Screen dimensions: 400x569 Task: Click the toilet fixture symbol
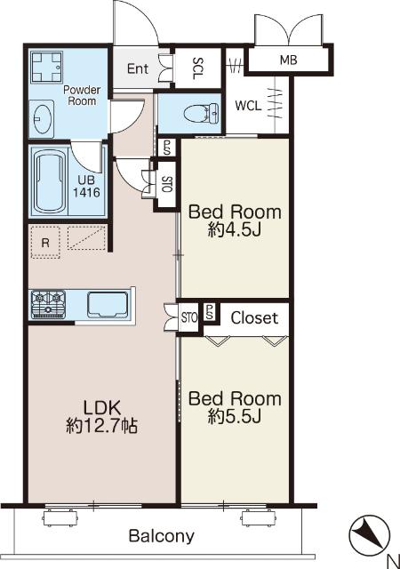pos(201,113)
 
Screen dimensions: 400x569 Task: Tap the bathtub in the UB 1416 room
pos(50,181)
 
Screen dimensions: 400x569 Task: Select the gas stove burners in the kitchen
pos(48,304)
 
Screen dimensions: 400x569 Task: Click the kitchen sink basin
pos(108,304)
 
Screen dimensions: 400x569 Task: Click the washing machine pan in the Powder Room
pos(47,68)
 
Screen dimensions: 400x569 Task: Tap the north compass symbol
pos(369,535)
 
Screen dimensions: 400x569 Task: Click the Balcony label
pos(162,536)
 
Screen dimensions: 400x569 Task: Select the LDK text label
pos(101,408)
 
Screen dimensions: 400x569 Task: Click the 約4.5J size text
pos(235,229)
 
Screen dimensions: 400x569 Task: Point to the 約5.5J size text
pos(235,417)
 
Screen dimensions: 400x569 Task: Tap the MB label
pos(289,60)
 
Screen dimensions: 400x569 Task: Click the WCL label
pos(248,106)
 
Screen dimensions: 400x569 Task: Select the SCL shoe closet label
pos(198,68)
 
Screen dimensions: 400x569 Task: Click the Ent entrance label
pos(138,68)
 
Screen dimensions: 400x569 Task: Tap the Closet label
pos(254,318)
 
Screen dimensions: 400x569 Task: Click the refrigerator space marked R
pos(45,243)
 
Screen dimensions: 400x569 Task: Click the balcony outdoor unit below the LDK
pos(60,517)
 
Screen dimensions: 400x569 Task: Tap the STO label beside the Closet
pos(189,318)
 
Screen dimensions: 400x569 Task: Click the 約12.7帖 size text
pos(101,425)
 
